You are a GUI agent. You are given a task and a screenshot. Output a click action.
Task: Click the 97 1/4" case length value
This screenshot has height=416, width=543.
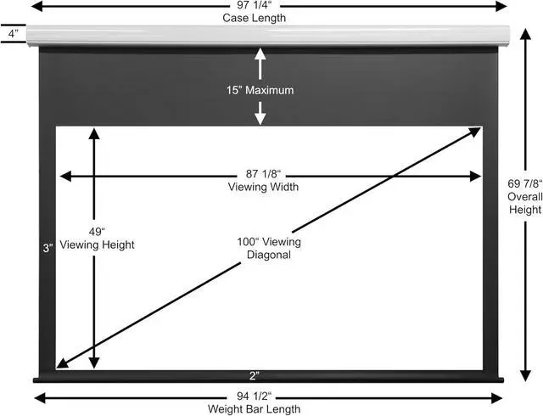tap(255, 6)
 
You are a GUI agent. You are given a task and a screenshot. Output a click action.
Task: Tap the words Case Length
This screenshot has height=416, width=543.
tap(255, 18)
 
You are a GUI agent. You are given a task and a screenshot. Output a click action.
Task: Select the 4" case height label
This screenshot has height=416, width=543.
tap(14, 34)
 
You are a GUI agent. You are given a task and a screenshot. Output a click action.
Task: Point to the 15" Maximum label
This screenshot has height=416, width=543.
tap(260, 91)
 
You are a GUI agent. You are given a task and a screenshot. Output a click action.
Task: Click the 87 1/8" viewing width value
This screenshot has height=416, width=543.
tap(263, 173)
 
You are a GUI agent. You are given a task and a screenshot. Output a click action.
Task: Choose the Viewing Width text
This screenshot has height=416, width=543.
tap(263, 187)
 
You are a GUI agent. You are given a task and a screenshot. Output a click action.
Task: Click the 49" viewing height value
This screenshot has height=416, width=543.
tap(97, 231)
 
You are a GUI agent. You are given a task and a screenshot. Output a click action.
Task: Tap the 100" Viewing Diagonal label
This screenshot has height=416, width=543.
tap(269, 248)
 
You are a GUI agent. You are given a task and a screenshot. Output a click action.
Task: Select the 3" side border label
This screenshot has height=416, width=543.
tap(48, 248)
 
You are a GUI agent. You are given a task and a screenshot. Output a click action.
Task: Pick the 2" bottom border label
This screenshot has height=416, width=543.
tap(255, 375)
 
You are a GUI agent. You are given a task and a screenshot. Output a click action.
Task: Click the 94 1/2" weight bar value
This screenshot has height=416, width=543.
tap(255, 396)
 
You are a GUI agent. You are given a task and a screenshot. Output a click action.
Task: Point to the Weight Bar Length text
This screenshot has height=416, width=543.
tap(255, 409)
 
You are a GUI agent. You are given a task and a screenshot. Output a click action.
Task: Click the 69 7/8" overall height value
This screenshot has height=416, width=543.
tap(525, 183)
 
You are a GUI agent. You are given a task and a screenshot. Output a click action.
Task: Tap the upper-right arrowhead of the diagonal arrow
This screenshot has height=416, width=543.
tap(475, 132)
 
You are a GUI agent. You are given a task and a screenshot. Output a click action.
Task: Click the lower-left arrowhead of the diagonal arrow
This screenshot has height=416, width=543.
tap(63, 363)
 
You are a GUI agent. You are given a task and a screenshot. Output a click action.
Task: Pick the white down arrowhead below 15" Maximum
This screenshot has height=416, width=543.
tap(260, 120)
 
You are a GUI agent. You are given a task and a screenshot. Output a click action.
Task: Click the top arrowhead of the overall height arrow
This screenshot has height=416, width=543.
tap(525, 35)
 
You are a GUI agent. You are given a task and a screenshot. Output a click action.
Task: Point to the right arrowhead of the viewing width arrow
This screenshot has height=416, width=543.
tap(476, 176)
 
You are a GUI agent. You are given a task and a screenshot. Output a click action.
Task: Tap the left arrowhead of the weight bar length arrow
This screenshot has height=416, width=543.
tap(40, 398)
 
